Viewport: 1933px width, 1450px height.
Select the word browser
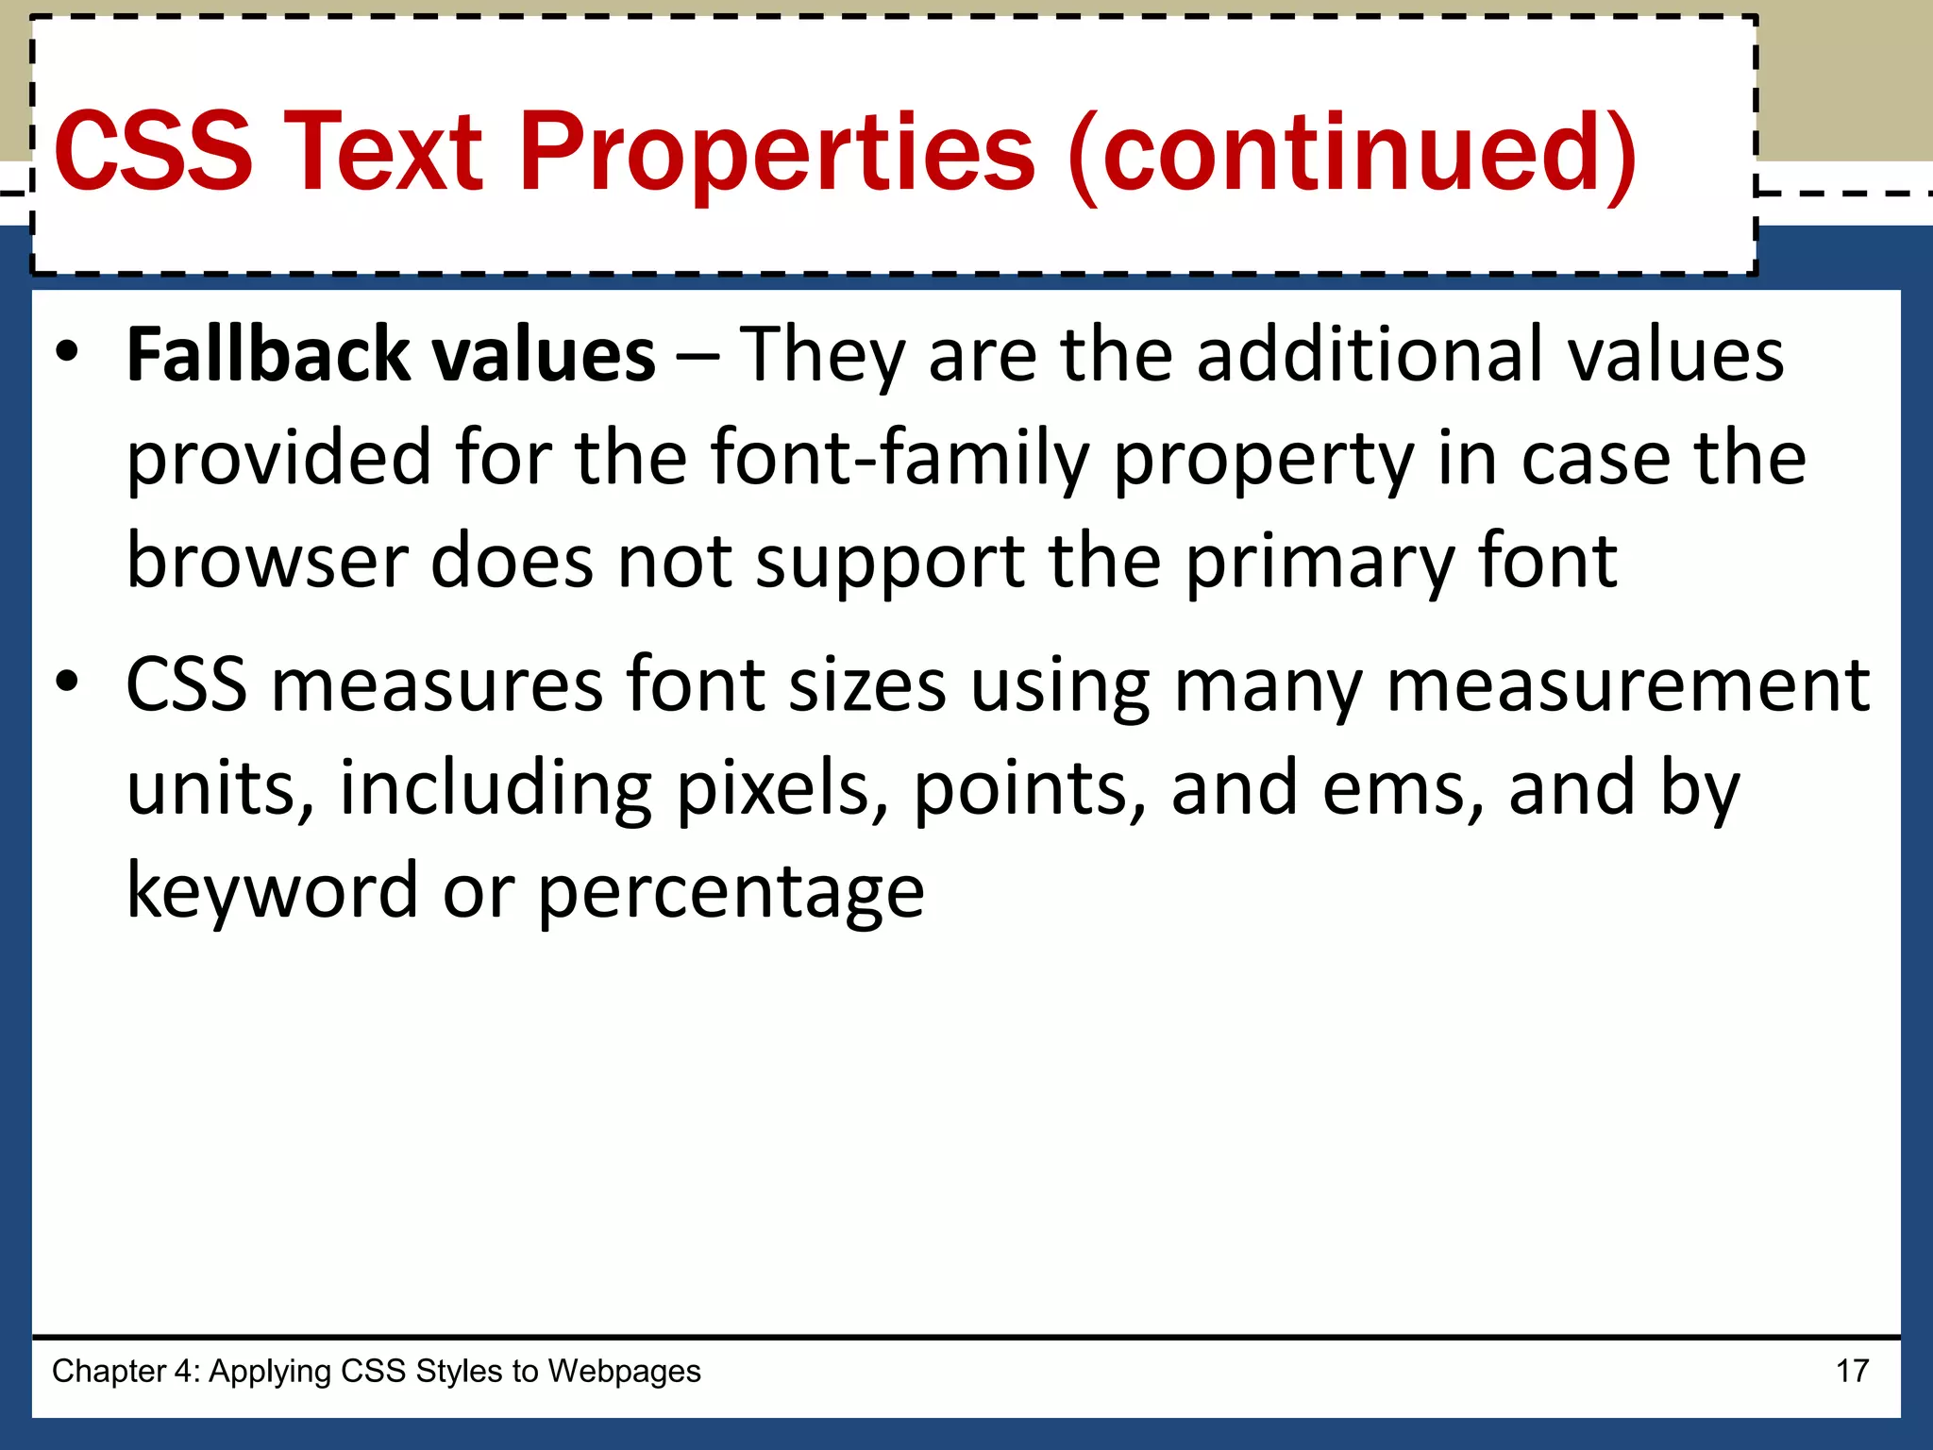click(x=266, y=561)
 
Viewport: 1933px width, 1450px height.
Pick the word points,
click(x=1030, y=791)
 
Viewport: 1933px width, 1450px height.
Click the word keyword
click(x=272, y=891)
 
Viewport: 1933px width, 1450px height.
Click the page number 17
click(x=1852, y=1371)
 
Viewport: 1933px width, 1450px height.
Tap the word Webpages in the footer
click(x=624, y=1372)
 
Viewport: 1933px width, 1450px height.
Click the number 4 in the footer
click(x=180, y=1371)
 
